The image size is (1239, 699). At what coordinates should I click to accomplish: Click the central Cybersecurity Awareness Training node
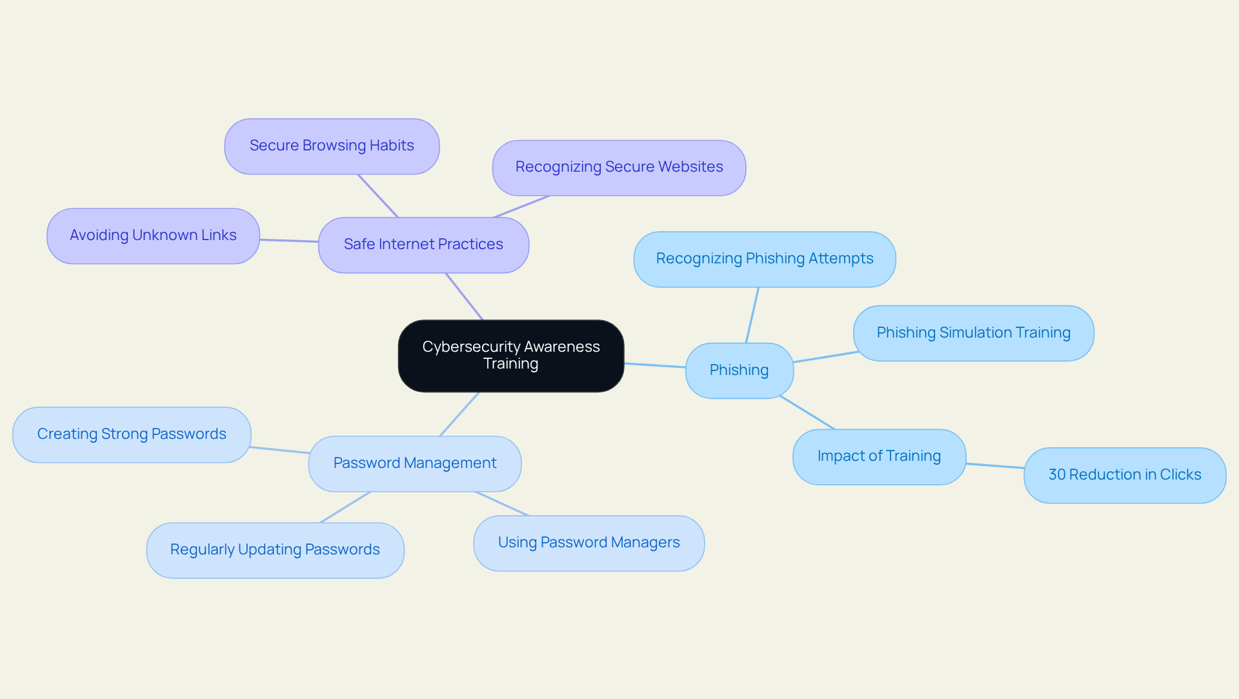[x=510, y=356]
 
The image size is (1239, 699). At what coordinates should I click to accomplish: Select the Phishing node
[x=739, y=370]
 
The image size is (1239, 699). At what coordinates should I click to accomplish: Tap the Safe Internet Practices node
[x=423, y=245]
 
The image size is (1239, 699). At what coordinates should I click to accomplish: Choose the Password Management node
[x=414, y=463]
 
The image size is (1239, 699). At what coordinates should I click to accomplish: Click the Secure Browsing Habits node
[x=332, y=146]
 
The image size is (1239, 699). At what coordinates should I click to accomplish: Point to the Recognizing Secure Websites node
[x=619, y=167]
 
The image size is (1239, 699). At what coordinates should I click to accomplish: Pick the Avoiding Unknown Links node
[x=153, y=236]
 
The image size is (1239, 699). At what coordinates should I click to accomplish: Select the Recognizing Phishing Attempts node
[x=764, y=259]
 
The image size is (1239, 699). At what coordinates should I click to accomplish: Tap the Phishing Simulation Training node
[x=973, y=333]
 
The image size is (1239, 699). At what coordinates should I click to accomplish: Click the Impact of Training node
[x=879, y=456]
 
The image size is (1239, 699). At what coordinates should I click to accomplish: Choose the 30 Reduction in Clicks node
[x=1124, y=475]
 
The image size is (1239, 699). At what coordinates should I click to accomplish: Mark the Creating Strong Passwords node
[x=132, y=434]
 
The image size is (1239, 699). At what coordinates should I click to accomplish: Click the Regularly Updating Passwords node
[x=275, y=550]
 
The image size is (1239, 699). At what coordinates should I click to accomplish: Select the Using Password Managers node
[x=589, y=543]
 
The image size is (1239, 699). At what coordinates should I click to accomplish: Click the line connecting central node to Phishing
[x=654, y=365]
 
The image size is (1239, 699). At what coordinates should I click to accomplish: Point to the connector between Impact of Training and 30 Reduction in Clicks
[x=994, y=466]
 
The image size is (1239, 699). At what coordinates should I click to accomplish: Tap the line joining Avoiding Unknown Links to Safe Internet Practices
[x=289, y=241]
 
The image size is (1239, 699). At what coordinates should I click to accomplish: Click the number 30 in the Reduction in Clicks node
[x=1057, y=475]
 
